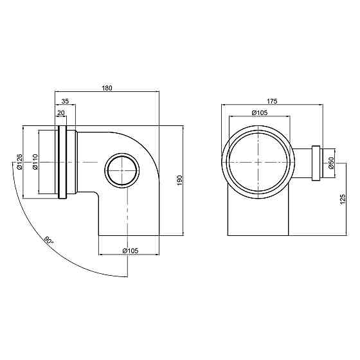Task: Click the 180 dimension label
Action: (x=107, y=88)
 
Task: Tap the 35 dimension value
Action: (x=65, y=101)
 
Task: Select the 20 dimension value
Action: (x=61, y=113)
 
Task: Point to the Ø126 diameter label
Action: (x=19, y=161)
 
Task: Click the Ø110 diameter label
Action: (x=35, y=161)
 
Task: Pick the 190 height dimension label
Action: (x=179, y=180)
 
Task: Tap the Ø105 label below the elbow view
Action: (x=130, y=251)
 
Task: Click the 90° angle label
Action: (x=49, y=240)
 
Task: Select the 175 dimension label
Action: (x=272, y=101)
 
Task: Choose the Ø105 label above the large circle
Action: (x=260, y=113)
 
